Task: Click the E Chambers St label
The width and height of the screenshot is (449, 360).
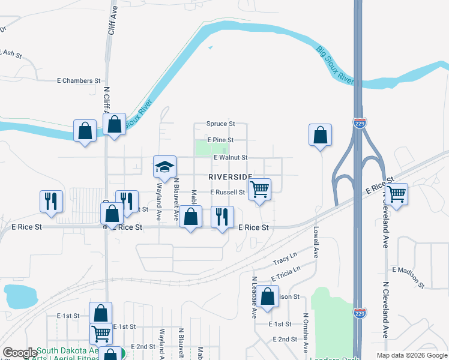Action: (x=79, y=80)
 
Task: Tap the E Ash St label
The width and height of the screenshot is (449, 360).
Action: (x=11, y=53)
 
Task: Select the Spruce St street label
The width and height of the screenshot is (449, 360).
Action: (x=220, y=124)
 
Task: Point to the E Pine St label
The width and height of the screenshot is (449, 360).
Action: (x=220, y=139)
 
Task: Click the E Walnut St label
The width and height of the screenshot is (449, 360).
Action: (x=231, y=157)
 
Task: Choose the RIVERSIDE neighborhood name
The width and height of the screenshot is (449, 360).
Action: (x=231, y=177)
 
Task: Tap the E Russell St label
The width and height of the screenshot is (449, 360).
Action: (x=228, y=193)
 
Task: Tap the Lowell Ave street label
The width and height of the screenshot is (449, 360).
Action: (x=315, y=242)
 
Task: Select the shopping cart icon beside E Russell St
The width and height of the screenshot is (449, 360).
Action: (x=259, y=190)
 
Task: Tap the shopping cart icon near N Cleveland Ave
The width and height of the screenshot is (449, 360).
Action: (x=397, y=194)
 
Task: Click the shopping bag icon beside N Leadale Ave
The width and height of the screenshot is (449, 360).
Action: (x=269, y=296)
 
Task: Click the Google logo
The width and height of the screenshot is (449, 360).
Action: (x=19, y=353)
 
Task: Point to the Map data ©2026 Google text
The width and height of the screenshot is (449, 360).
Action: (x=411, y=355)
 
